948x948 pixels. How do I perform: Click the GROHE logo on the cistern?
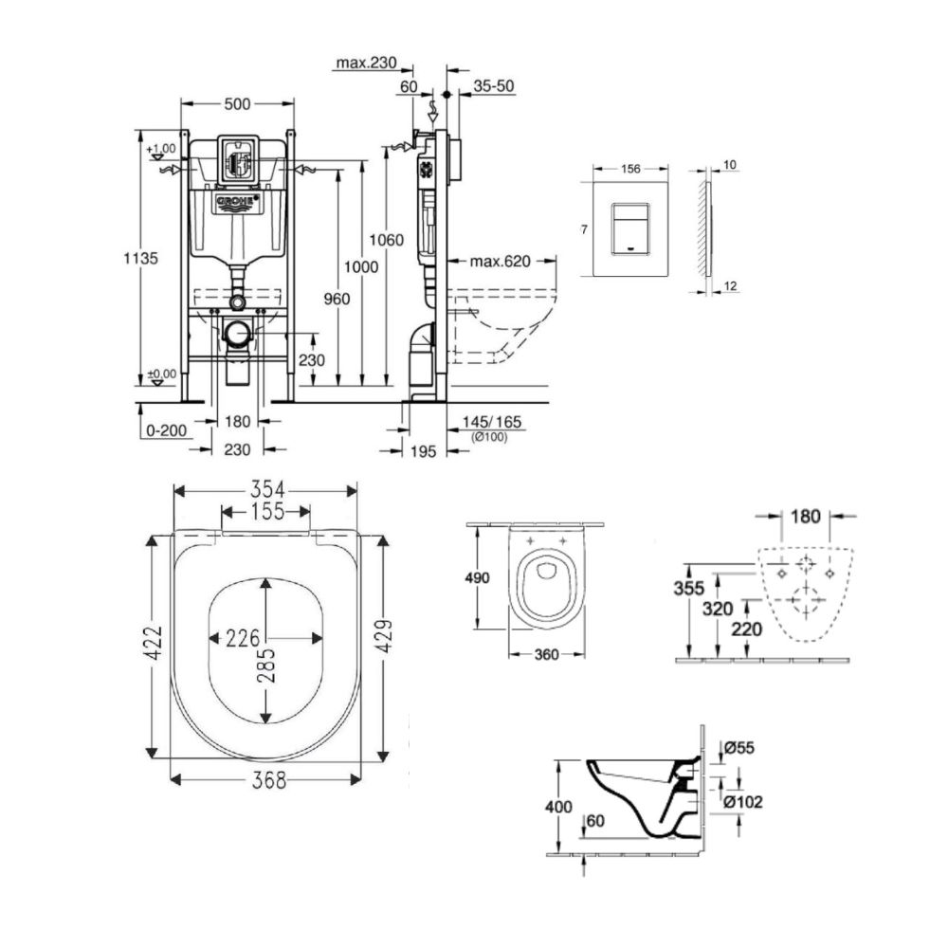click(238, 205)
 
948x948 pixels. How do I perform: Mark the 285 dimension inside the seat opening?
click(265, 666)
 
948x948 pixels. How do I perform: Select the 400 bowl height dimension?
click(559, 807)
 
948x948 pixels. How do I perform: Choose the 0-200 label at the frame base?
click(166, 429)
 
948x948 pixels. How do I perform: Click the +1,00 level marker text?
click(162, 149)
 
